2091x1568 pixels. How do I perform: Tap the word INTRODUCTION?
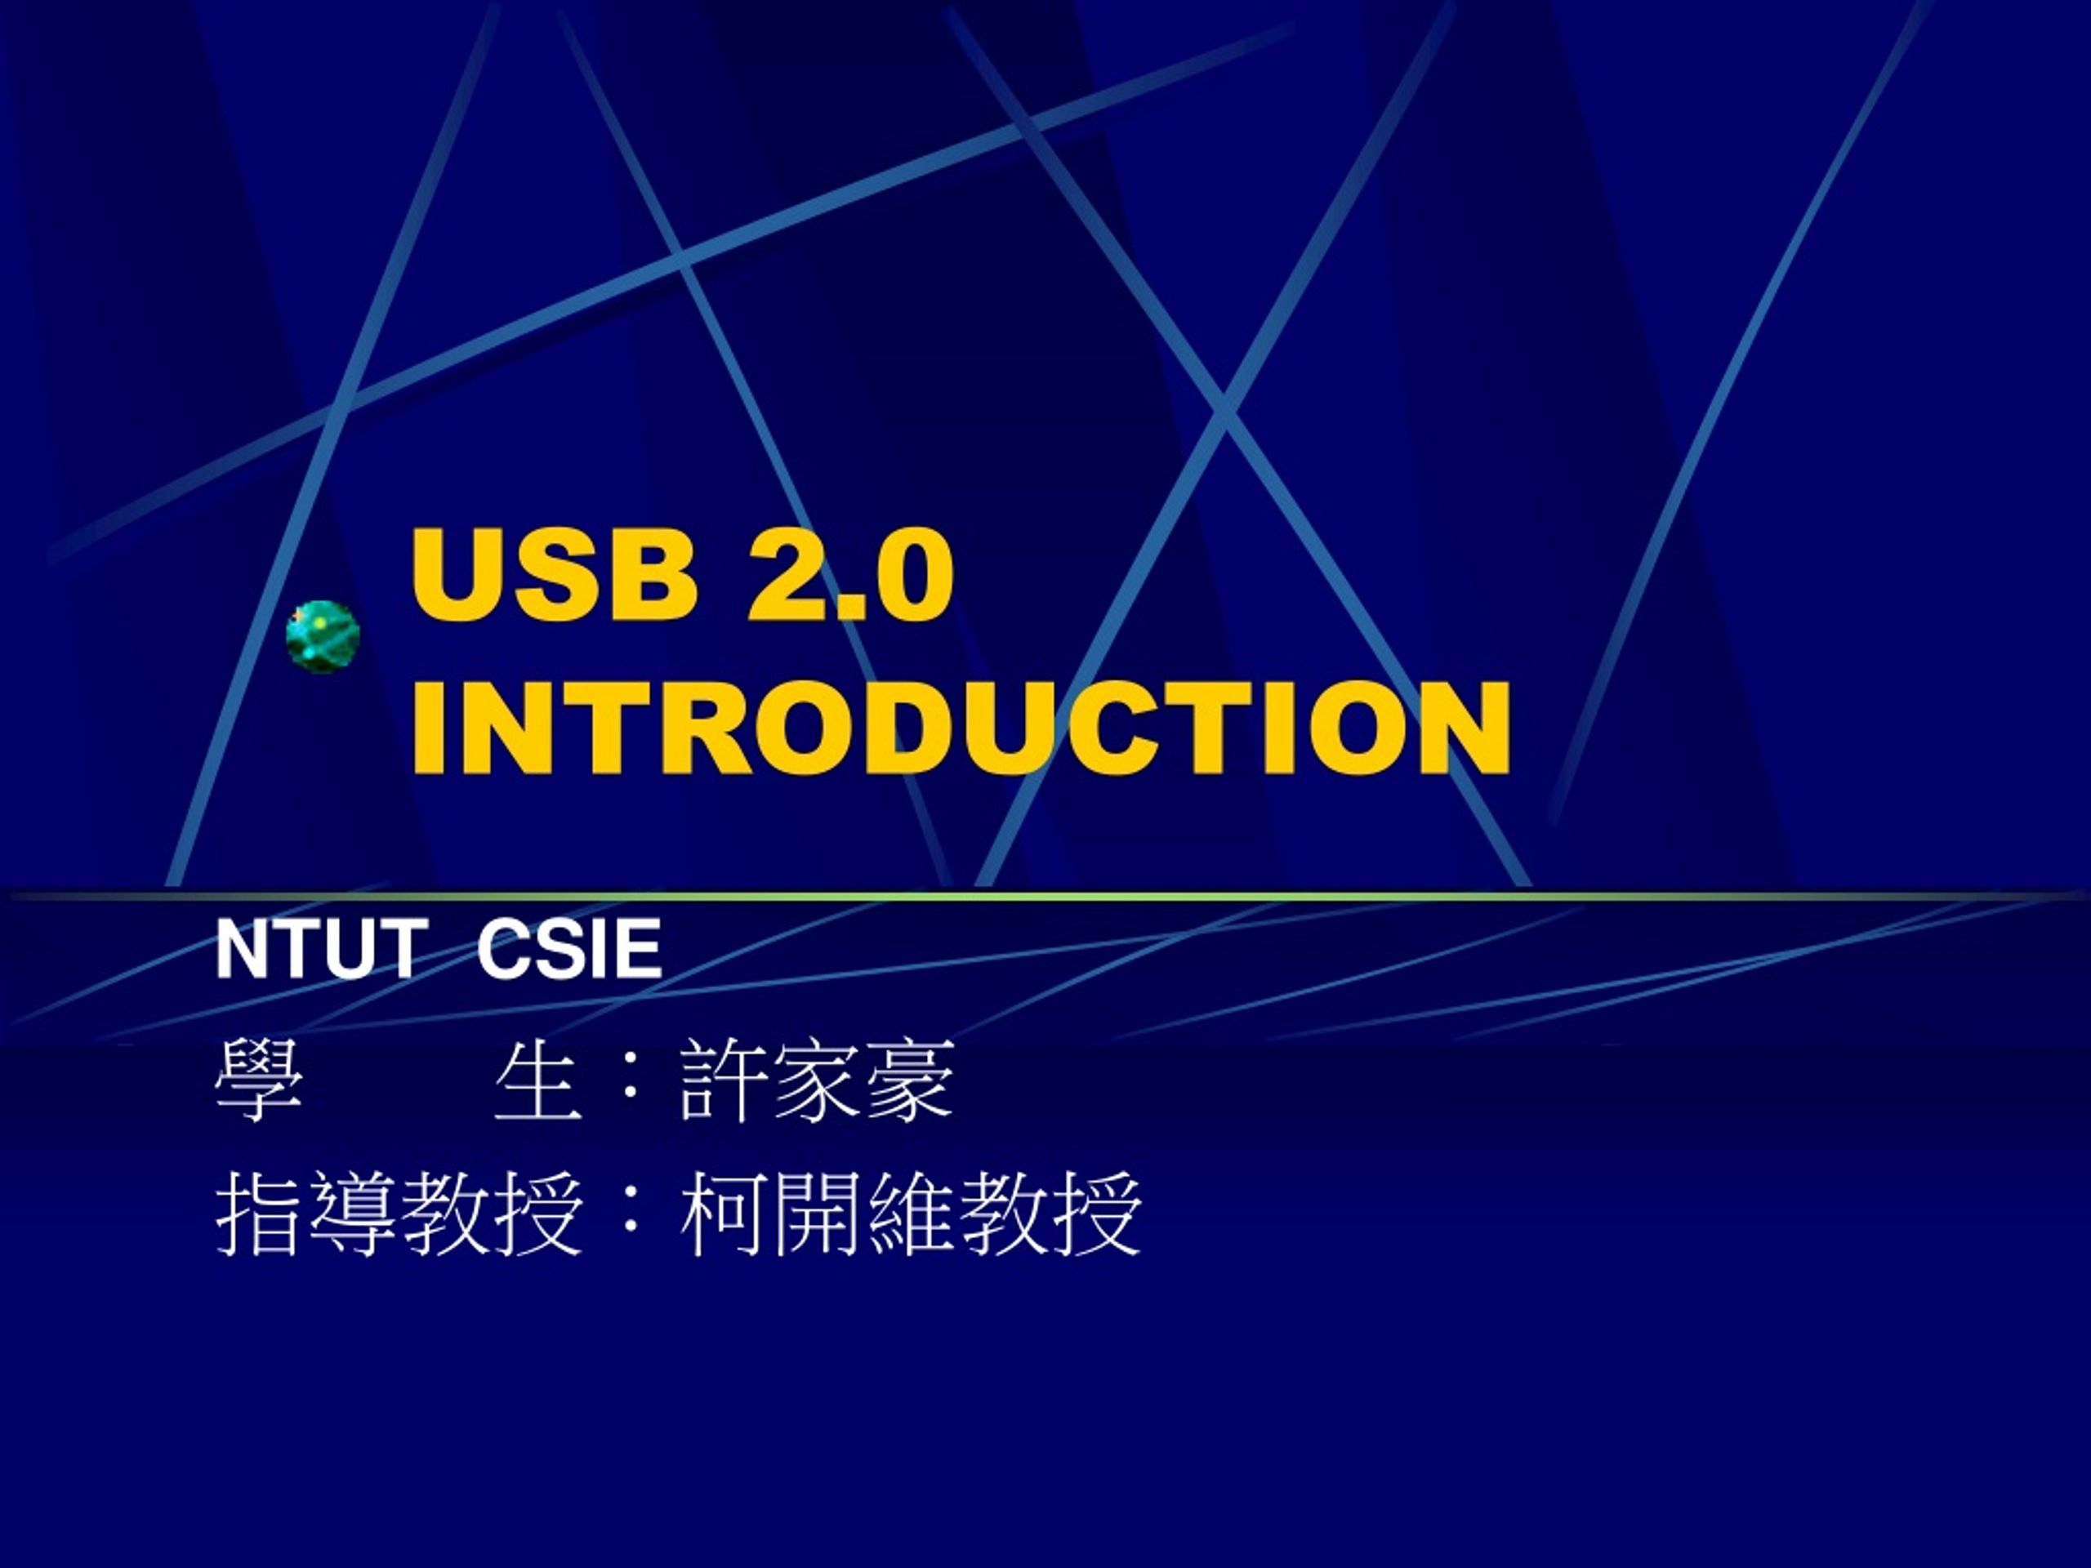click(961, 728)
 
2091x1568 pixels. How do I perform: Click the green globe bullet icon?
click(323, 636)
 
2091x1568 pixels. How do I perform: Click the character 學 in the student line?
click(259, 1080)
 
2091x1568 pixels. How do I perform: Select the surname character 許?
click(723, 1080)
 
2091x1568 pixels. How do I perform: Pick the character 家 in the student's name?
click(816, 1080)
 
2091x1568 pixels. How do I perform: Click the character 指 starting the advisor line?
click(259, 1214)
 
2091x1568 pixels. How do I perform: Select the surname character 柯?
click(723, 1214)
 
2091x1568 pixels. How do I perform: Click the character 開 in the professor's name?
click(816, 1214)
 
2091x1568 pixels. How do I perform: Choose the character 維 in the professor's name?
click(908, 1214)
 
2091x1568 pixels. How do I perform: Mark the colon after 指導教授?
click(630, 1214)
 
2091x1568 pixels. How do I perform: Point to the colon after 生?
click(630, 1080)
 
